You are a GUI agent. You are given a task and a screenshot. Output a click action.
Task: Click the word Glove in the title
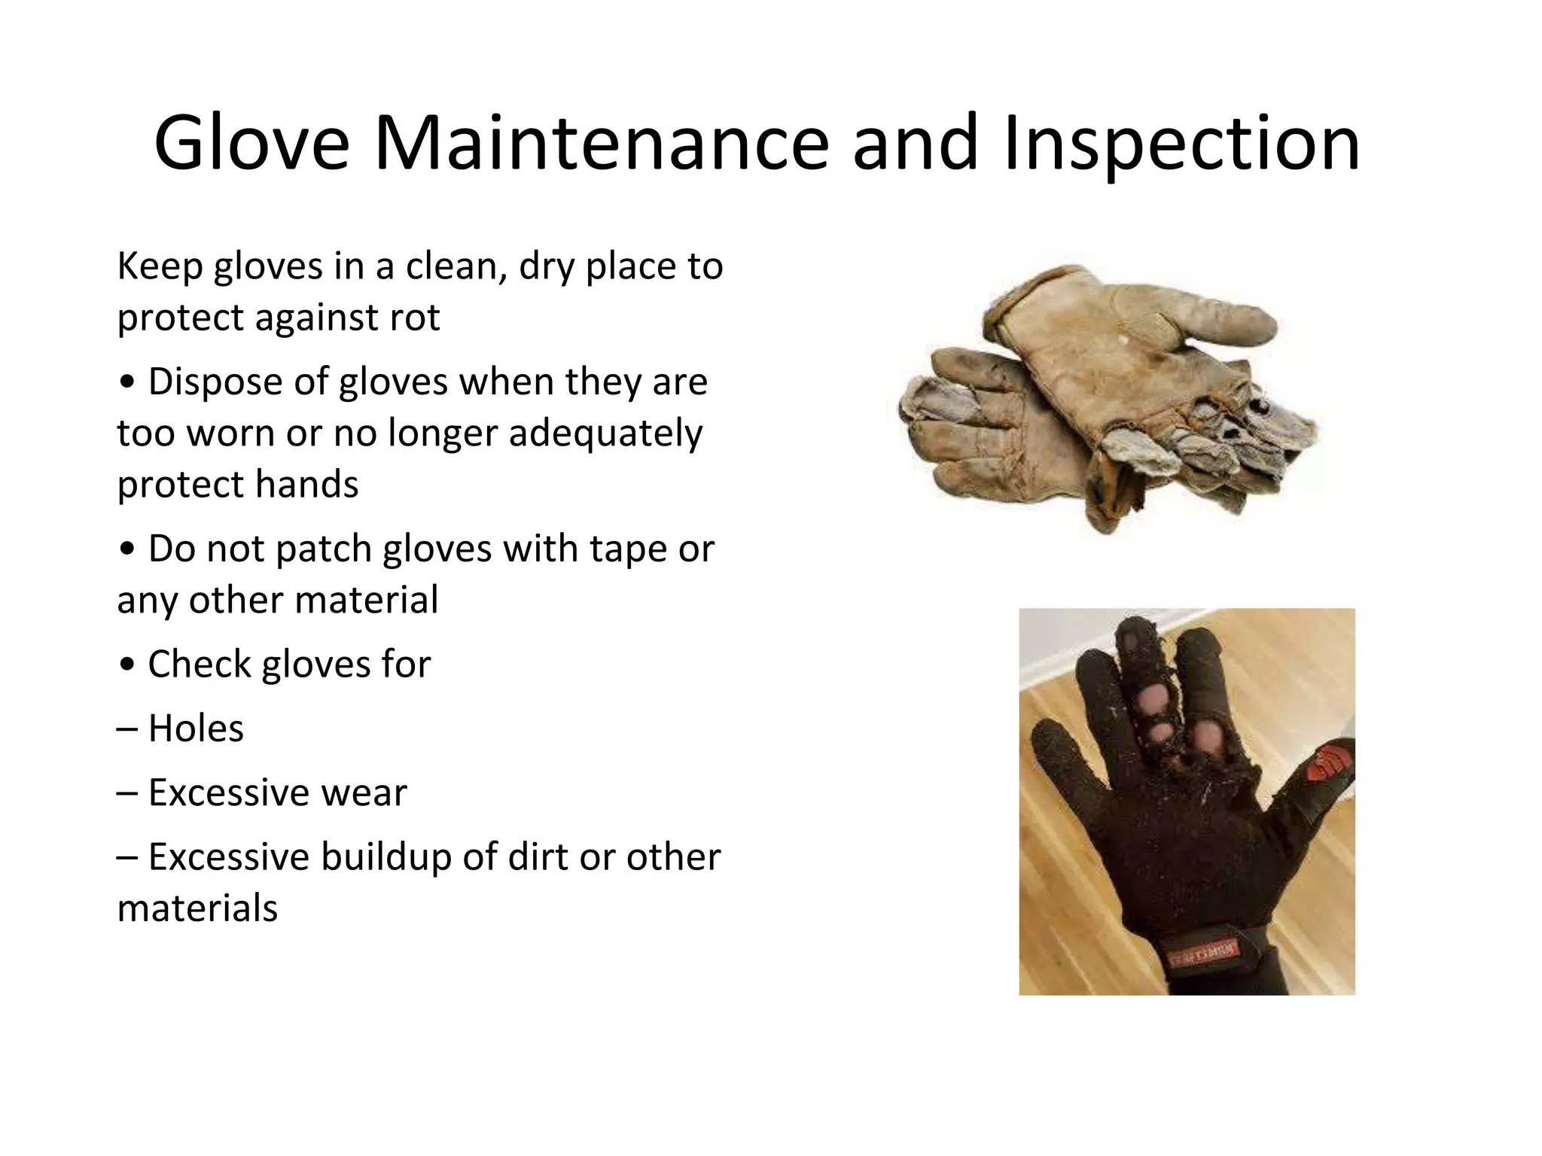(x=251, y=143)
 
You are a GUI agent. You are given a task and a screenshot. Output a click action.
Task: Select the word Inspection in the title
(x=1181, y=143)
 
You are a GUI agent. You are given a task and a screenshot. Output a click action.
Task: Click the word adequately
(x=605, y=433)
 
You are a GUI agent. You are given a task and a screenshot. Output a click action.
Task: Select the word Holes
(x=196, y=729)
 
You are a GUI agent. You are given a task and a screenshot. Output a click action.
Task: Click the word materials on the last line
(x=197, y=908)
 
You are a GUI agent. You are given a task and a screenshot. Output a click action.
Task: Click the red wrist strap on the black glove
(x=1204, y=954)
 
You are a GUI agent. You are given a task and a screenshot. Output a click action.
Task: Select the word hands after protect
(x=306, y=485)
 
